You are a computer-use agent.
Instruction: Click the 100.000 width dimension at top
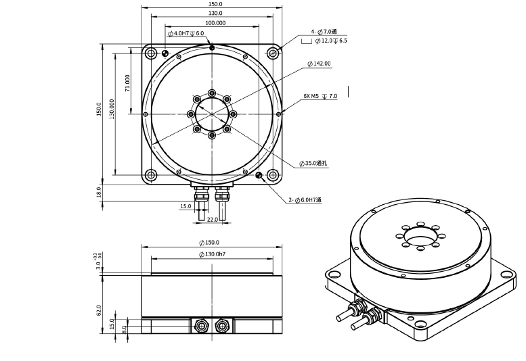215,23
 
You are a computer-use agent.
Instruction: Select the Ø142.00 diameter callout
319,64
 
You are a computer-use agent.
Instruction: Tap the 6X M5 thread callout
320,97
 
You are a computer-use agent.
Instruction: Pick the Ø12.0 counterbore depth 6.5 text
330,41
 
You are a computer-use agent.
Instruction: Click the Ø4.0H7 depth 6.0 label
185,33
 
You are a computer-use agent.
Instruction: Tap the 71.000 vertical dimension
127,82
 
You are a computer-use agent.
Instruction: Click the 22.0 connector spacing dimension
212,220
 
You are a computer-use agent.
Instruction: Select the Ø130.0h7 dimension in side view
212,254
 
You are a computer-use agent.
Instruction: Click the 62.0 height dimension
99,310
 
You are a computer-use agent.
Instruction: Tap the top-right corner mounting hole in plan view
273,53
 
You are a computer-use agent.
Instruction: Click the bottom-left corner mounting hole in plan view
150,175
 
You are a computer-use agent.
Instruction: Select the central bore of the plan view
212,114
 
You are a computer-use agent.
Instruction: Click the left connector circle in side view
202,326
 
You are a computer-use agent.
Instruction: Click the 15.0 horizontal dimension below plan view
185,207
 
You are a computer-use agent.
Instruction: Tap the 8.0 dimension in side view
125,329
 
